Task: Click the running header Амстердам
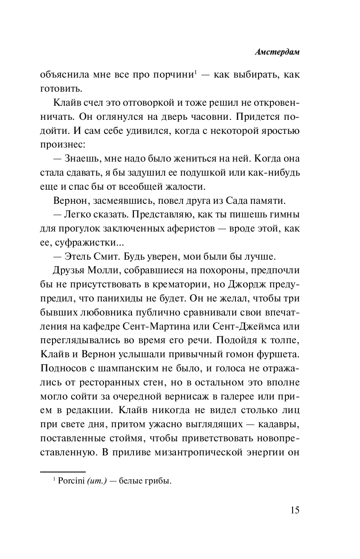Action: tap(278, 52)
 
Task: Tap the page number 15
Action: tap(294, 510)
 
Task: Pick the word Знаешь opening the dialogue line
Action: tap(84, 159)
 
